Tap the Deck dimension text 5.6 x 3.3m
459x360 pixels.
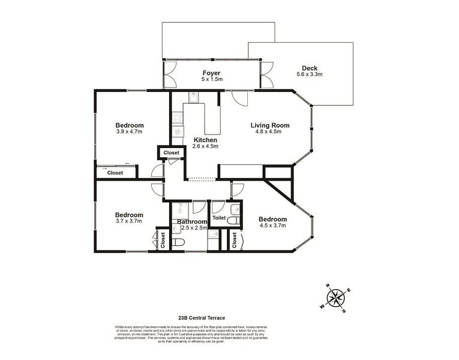pos(310,74)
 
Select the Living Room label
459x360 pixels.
pos(269,125)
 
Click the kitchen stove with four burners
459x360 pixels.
pos(178,131)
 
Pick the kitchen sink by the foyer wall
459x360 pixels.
pos(194,97)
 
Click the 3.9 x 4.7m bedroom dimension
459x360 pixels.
pos(129,132)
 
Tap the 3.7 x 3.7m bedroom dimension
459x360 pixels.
pos(129,221)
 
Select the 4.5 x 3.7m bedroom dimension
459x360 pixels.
pos(272,226)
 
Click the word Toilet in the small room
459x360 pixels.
pos(218,218)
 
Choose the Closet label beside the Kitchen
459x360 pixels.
pos(171,153)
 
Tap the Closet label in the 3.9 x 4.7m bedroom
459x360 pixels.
pos(115,173)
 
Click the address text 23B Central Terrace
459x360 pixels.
pos(202,318)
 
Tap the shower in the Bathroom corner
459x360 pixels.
pos(180,211)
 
